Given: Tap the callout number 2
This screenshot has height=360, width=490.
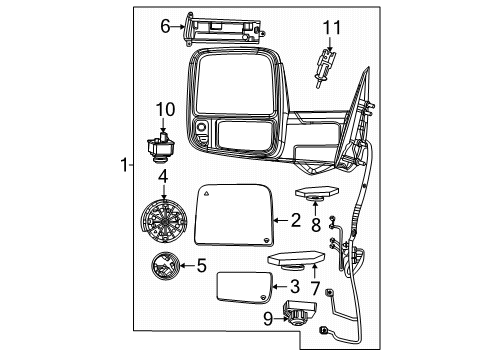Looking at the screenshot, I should [x=295, y=220].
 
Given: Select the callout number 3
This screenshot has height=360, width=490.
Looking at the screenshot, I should [x=295, y=287].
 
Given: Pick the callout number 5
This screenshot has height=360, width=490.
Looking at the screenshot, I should [x=200, y=266].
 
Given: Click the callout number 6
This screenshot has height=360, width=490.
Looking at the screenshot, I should [x=166, y=28].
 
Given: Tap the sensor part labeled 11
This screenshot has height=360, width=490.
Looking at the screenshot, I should [x=324, y=62].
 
